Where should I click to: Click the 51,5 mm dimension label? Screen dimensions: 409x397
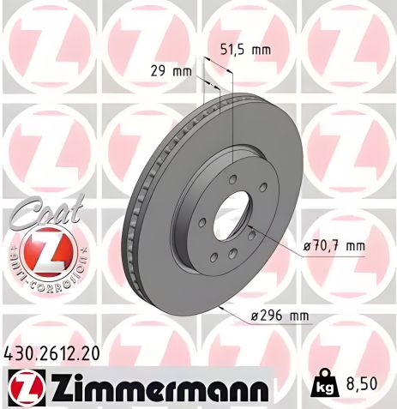pyautogui.click(x=245, y=50)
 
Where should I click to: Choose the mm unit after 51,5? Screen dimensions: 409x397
pyautogui.click(x=260, y=50)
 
